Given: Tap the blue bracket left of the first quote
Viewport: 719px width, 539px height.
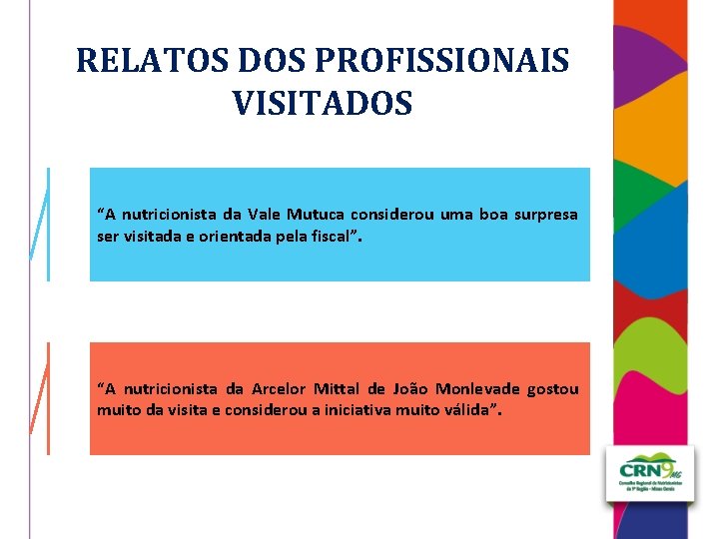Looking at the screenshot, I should pyautogui.click(x=41, y=225).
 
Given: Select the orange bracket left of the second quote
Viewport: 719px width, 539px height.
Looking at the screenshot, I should pyautogui.click(x=41, y=397).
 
